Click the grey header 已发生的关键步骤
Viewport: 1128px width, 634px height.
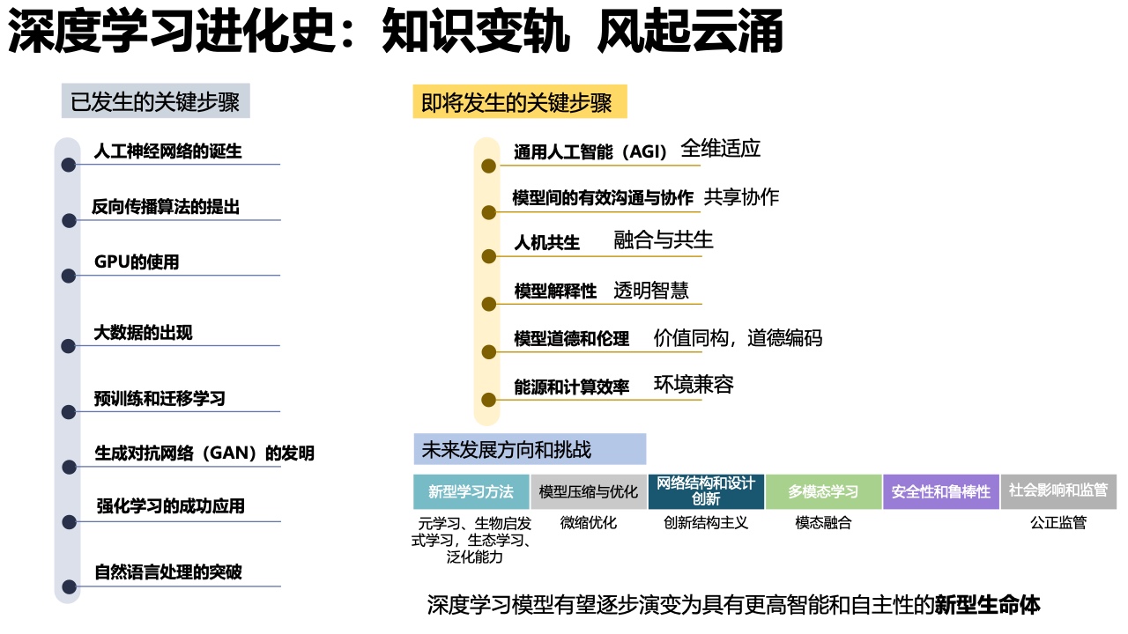156,101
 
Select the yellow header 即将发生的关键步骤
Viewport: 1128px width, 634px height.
520,101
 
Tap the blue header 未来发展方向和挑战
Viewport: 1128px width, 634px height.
530,449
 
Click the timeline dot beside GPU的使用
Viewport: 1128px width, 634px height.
69,276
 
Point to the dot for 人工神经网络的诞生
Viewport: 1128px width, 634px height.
69,165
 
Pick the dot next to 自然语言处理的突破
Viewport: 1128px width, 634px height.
69,586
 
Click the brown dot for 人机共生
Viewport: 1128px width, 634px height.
488,256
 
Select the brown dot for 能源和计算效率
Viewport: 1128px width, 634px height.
488,400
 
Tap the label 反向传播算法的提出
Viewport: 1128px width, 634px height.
166,207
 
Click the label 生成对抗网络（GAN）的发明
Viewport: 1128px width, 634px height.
204,453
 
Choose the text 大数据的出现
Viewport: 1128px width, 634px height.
143,333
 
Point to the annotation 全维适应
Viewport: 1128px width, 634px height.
721,149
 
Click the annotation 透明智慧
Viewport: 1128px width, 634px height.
650,291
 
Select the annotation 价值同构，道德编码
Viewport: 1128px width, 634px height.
738,337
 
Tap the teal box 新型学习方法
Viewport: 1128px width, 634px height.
471,491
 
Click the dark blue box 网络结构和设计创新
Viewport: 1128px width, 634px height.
706,491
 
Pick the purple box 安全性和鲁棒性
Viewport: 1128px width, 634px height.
941,491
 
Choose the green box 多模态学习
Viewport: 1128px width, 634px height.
823,491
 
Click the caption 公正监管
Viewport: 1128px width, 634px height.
1058,523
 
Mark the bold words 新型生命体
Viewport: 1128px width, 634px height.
988,605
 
